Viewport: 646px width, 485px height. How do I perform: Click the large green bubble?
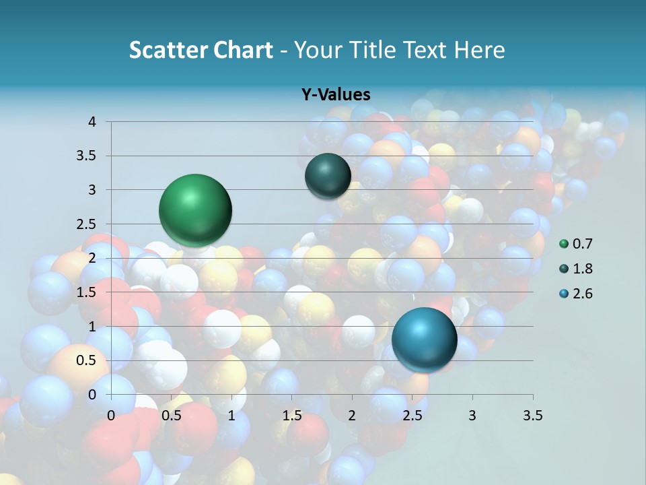click(x=196, y=210)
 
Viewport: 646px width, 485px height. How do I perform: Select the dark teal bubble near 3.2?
click(x=328, y=176)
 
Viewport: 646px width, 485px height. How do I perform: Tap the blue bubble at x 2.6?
click(x=425, y=339)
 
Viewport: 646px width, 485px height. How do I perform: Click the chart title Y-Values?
click(x=335, y=95)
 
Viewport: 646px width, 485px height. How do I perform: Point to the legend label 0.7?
click(x=583, y=244)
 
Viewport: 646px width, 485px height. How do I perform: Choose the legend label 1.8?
click(x=583, y=269)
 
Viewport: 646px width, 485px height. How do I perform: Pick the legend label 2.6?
click(x=583, y=294)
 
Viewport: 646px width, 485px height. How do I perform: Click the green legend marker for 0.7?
click(x=564, y=244)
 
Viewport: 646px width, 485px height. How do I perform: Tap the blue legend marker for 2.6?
click(x=564, y=294)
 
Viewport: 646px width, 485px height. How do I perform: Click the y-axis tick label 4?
click(x=92, y=122)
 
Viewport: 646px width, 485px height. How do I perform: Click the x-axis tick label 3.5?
click(x=532, y=416)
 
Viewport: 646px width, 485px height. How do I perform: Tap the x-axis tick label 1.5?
click(x=292, y=416)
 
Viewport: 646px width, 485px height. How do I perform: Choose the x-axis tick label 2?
click(x=352, y=416)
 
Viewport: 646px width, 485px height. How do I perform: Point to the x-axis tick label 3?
click(x=472, y=416)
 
